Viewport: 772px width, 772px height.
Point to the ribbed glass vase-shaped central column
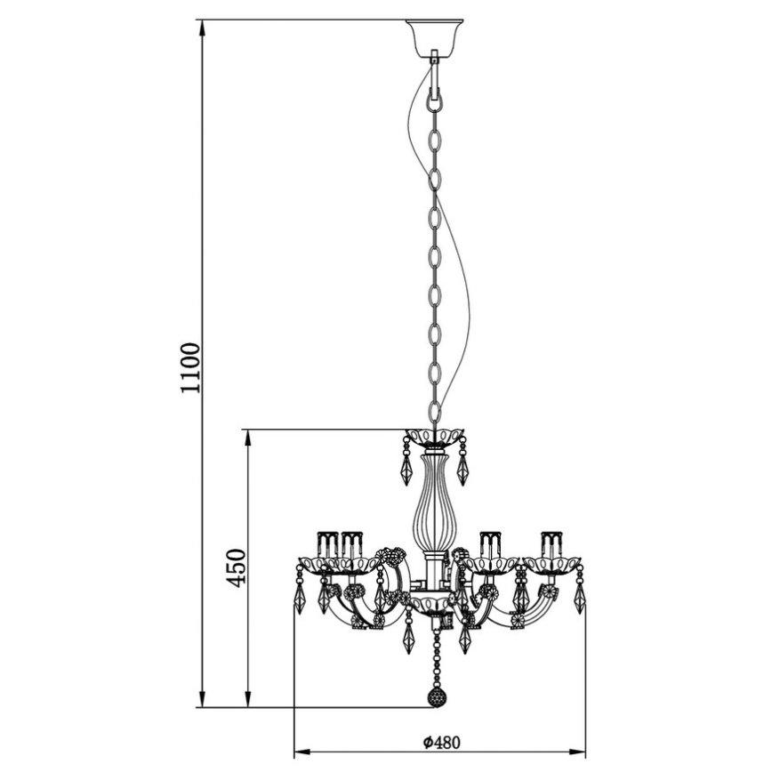(x=434, y=503)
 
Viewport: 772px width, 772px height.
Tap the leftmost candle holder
(x=326, y=543)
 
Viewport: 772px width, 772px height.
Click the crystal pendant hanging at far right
(x=580, y=598)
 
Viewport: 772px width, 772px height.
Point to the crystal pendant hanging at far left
(x=300, y=598)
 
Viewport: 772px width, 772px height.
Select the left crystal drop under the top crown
(x=406, y=469)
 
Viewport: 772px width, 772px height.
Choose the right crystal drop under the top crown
(x=462, y=469)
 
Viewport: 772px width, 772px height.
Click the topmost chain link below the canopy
(x=435, y=98)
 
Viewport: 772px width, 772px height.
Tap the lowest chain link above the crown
(x=434, y=411)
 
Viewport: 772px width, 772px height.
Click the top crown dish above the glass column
(x=435, y=438)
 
